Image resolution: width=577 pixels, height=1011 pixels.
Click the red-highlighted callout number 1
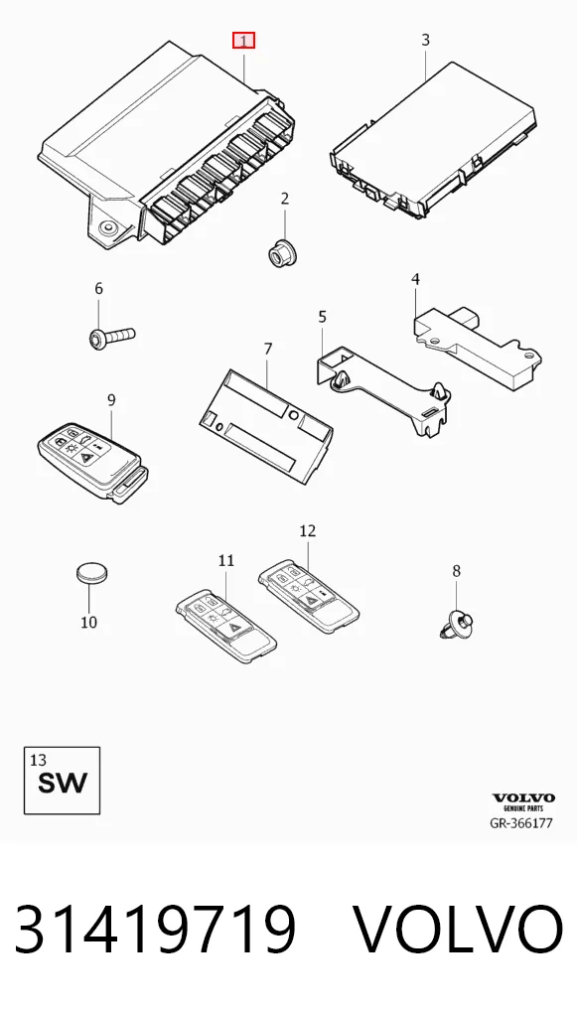tap(243, 41)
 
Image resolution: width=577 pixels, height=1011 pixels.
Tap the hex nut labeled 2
tap(280, 250)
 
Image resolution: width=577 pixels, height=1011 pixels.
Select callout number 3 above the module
tap(425, 40)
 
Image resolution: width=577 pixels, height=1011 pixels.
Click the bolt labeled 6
tap(111, 337)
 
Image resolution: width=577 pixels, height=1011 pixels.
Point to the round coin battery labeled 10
tap(92, 572)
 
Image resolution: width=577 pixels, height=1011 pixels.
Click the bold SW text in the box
tap(62, 783)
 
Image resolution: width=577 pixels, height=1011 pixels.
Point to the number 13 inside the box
tap(38, 760)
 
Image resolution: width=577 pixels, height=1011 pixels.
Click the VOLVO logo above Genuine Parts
tap(523, 798)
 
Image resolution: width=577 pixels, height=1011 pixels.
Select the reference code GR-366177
tap(521, 823)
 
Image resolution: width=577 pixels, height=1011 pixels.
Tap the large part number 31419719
tap(155, 930)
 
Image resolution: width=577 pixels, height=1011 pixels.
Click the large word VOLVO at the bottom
tap(459, 930)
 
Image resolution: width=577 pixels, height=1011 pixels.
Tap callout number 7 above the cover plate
tap(268, 349)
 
